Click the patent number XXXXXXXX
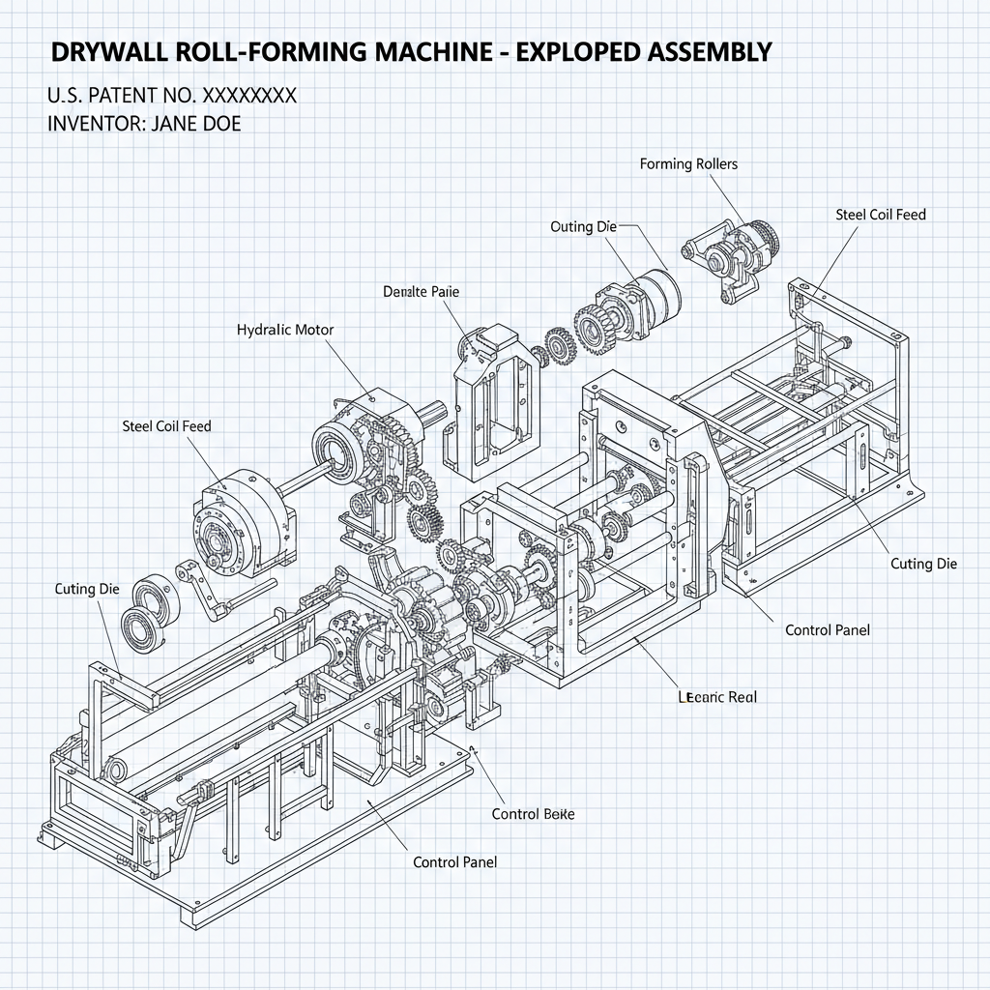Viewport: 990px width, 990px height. [248, 96]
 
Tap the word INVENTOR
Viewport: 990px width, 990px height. [91, 124]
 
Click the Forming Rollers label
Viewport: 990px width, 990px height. [688, 164]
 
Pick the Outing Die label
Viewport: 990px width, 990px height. [583, 226]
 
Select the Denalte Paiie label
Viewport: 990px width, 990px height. [422, 290]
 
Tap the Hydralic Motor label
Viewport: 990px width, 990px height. [285, 330]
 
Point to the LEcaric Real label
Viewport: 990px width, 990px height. [718, 696]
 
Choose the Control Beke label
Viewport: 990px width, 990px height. [533, 814]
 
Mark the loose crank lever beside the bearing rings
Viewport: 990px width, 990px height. [204, 590]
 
